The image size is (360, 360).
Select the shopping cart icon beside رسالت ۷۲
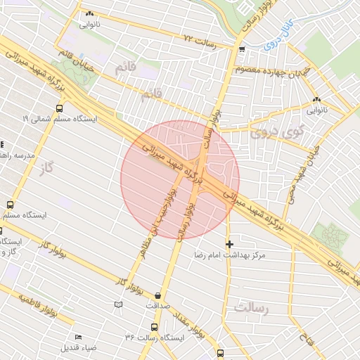coord(242,49)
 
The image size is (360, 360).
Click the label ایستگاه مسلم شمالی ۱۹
coord(60,120)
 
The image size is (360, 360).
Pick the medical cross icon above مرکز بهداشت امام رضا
coord(229,243)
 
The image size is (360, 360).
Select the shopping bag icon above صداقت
coord(157,295)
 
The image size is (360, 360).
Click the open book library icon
coord(118,304)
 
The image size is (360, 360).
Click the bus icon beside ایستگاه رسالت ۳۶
coord(154,328)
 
